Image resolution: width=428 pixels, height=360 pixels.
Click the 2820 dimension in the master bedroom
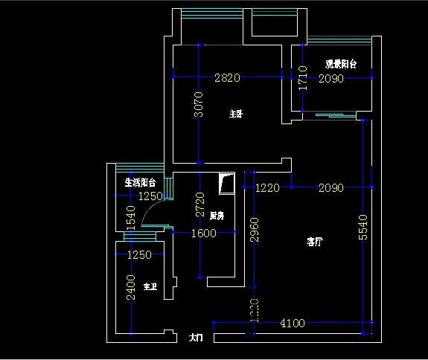pyautogui.click(x=227, y=77)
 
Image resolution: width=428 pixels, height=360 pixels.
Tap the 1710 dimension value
pyautogui.click(x=302, y=77)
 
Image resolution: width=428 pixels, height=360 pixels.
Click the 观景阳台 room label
pyautogui.click(x=341, y=65)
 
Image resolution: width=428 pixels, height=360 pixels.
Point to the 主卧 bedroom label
pyautogui.click(x=236, y=115)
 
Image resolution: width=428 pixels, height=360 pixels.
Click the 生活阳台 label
pyautogui.click(x=140, y=182)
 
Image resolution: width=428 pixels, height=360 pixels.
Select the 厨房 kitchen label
pyautogui.click(x=217, y=216)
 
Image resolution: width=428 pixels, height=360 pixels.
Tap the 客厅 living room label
pyautogui.click(x=315, y=242)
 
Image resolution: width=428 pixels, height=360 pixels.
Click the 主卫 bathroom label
pyautogui.click(x=150, y=287)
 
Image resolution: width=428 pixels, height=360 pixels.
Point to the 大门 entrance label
pyautogui.click(x=196, y=338)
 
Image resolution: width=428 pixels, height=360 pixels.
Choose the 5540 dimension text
pyautogui.click(x=363, y=226)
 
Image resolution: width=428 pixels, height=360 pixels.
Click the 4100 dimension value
pyautogui.click(x=293, y=323)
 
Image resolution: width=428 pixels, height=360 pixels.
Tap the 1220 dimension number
pyautogui.click(x=267, y=188)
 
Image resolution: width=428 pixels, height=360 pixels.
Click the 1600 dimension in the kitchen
pyautogui.click(x=203, y=234)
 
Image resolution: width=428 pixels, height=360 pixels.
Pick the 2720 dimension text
pyautogui.click(x=198, y=205)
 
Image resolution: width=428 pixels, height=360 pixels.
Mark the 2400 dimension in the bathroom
pyautogui.click(x=130, y=287)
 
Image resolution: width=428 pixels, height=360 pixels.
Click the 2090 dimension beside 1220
pyautogui.click(x=330, y=188)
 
